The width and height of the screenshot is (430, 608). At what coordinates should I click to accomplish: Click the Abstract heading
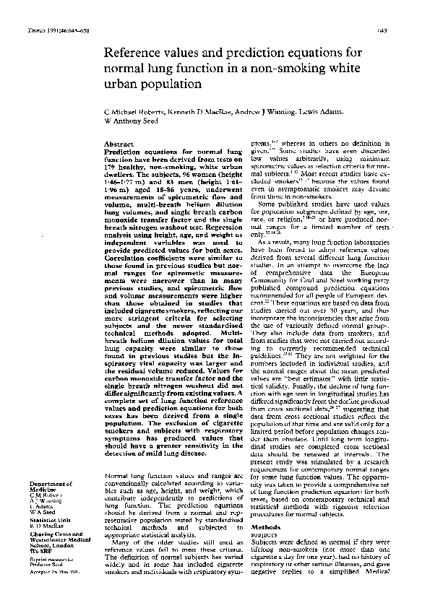[119, 144]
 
